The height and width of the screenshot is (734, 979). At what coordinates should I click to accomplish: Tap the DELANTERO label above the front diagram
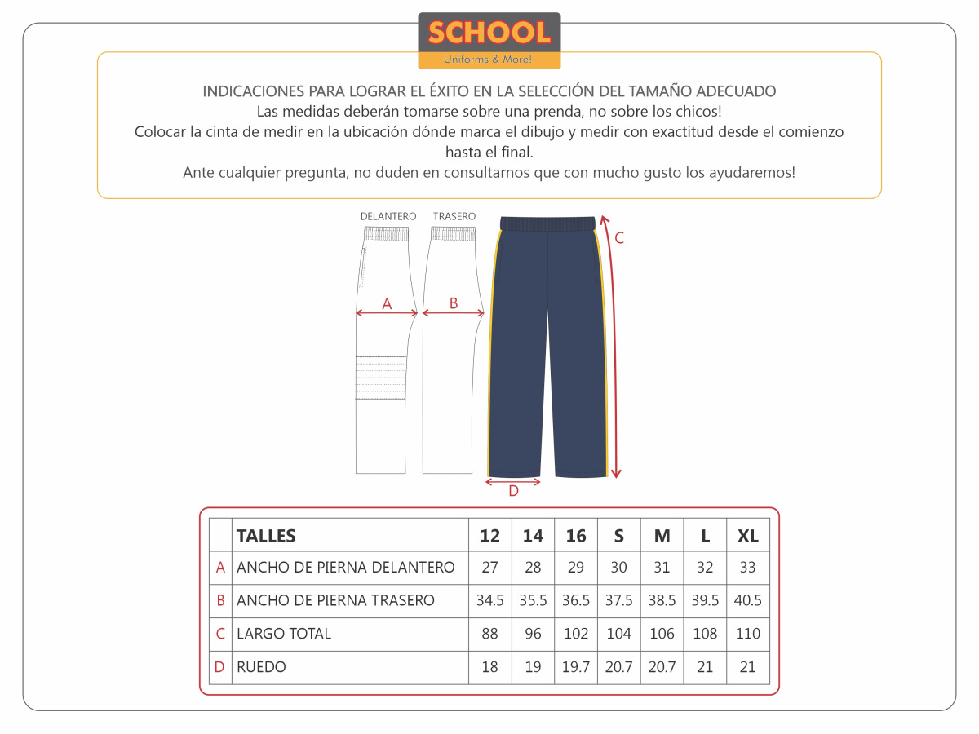(388, 216)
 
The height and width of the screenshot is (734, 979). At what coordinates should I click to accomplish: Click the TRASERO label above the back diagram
(454, 216)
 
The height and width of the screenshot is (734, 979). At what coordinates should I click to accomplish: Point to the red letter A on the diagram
(387, 304)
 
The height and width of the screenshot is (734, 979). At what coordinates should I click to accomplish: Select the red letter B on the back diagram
(454, 303)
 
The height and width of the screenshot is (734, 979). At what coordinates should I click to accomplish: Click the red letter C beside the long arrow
(619, 238)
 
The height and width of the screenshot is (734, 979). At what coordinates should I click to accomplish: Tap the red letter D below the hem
(513, 491)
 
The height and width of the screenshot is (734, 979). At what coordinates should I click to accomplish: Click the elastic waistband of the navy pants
(547, 223)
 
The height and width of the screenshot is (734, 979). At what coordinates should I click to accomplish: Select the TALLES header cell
(266, 536)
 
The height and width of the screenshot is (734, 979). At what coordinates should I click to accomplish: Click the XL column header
(747, 536)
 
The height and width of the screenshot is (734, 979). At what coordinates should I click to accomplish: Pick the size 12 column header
(489, 536)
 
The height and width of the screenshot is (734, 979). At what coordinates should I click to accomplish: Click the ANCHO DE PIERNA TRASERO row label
(335, 601)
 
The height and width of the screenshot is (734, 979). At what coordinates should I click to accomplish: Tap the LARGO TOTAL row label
(284, 634)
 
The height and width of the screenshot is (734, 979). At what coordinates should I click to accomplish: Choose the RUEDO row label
(261, 667)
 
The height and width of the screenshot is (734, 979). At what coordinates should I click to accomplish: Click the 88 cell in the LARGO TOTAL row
(489, 634)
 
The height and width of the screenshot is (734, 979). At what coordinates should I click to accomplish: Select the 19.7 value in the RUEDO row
(576, 667)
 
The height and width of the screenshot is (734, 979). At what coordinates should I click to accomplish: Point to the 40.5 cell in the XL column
(747, 601)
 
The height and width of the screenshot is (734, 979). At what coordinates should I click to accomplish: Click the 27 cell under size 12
(489, 568)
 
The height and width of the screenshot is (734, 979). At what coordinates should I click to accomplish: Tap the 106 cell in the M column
(662, 634)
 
